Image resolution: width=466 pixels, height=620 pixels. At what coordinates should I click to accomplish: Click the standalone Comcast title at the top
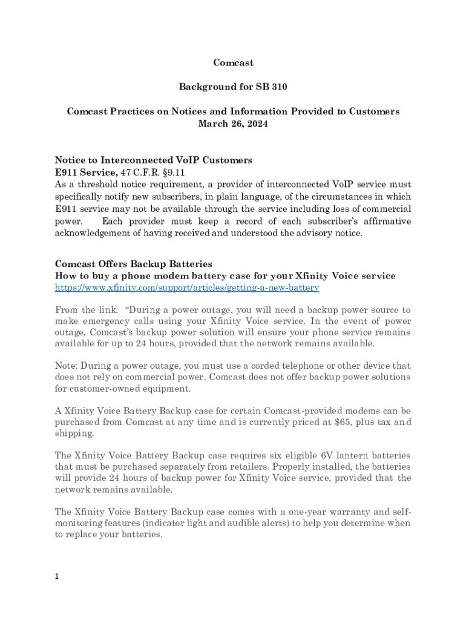pos(233,63)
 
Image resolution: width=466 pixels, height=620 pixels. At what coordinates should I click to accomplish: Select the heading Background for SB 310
pos(233,87)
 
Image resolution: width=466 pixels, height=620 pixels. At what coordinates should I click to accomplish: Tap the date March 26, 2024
pos(233,124)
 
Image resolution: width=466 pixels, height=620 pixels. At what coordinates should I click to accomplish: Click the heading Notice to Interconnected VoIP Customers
pos(153,160)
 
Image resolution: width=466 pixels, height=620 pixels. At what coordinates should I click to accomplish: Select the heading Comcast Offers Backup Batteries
pos(134,264)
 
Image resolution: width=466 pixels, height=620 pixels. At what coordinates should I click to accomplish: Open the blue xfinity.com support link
pos(187,288)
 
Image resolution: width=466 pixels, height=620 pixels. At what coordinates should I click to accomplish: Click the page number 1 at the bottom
pos(57,577)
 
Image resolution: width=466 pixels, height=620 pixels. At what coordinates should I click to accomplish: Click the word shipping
pos(72,434)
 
